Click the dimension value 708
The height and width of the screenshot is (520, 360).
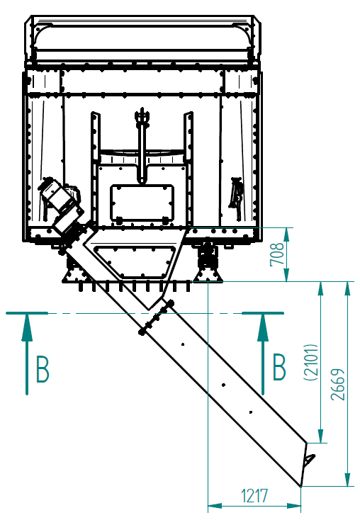click(x=277, y=254)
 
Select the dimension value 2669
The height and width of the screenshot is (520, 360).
click(x=338, y=384)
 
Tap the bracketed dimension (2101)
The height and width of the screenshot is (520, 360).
click(x=311, y=362)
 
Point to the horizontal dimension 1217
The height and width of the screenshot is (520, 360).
click(x=254, y=496)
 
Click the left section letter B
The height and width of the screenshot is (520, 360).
click(x=43, y=369)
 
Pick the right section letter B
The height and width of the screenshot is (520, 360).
click(x=279, y=367)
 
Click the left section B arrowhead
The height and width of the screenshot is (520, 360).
click(x=27, y=327)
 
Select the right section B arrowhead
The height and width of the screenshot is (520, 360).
click(x=263, y=327)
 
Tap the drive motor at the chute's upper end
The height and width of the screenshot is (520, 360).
click(x=62, y=205)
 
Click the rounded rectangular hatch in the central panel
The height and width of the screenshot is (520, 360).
click(x=142, y=203)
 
